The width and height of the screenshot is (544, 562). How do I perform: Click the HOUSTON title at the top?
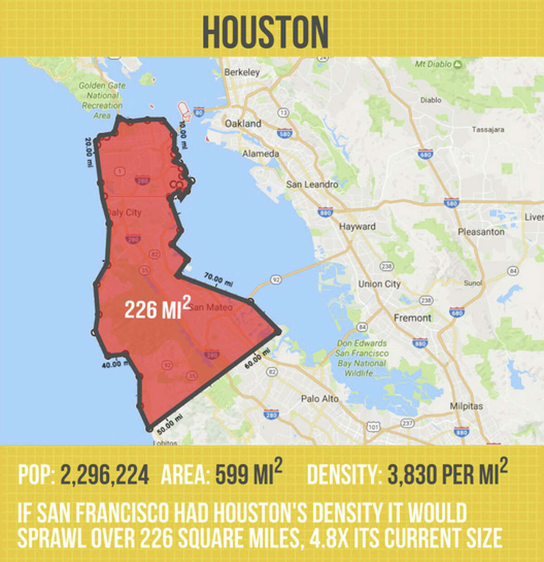click(265, 31)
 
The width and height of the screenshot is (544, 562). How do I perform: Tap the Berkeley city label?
click(242, 72)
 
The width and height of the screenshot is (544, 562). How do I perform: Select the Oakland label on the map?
click(243, 123)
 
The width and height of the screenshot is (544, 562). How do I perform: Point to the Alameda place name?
click(261, 154)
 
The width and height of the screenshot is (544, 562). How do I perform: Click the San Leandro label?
click(312, 184)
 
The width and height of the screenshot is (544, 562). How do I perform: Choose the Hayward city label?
click(357, 226)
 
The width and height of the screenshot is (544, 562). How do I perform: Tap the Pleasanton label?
click(481, 232)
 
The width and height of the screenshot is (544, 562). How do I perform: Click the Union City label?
click(379, 284)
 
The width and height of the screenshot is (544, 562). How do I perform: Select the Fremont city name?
click(413, 318)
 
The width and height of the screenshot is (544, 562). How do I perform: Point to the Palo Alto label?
click(320, 399)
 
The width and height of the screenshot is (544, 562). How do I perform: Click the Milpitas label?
click(466, 406)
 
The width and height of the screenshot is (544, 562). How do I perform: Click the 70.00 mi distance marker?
click(219, 279)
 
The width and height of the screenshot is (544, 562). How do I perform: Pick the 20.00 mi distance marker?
click(89, 152)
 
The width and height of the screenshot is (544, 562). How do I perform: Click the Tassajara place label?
click(488, 130)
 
